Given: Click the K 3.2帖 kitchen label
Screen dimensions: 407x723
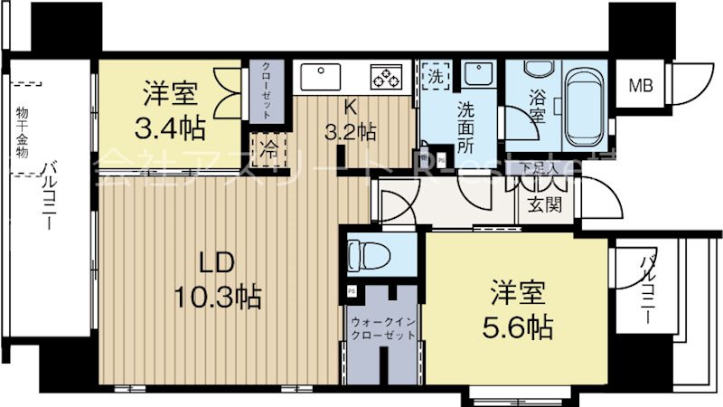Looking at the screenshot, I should (x=351, y=118).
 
